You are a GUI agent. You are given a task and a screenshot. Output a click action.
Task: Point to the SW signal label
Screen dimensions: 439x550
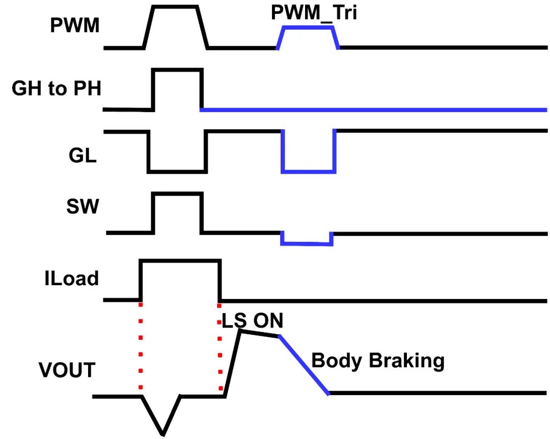[x=81, y=207]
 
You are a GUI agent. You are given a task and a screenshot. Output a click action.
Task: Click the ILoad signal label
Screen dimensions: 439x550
[x=71, y=279]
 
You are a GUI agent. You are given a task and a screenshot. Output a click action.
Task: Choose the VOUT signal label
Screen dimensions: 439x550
[x=67, y=370]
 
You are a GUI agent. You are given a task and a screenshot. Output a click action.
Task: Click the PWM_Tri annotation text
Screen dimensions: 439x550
[x=314, y=12]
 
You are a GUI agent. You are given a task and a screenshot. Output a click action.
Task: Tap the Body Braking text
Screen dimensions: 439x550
[x=377, y=361]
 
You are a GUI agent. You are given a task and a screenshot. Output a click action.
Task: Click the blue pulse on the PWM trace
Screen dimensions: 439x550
[x=308, y=28]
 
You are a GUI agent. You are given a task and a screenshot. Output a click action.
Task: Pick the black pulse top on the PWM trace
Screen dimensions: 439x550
[x=175, y=7]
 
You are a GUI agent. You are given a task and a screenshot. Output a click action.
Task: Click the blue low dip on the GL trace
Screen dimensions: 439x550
[x=309, y=171]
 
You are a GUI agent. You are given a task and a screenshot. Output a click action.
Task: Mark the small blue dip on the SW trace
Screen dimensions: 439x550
[x=307, y=244]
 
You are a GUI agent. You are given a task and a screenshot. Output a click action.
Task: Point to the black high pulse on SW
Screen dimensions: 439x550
[x=178, y=194]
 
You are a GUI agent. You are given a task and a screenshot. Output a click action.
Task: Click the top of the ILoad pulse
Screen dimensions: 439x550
[x=180, y=261]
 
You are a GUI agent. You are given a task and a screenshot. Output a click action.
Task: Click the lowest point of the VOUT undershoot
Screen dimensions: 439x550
[x=163, y=434]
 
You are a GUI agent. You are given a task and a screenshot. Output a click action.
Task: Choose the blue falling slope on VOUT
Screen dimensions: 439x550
[x=304, y=364]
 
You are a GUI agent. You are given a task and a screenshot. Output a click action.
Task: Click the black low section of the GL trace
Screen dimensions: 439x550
[x=177, y=171]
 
